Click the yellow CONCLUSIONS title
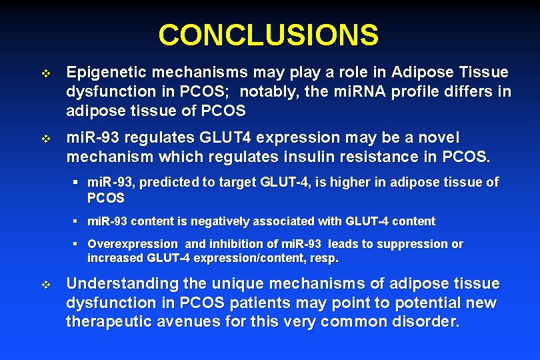coord(269,35)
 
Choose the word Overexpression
coord(132,244)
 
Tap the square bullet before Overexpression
coord(77,245)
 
